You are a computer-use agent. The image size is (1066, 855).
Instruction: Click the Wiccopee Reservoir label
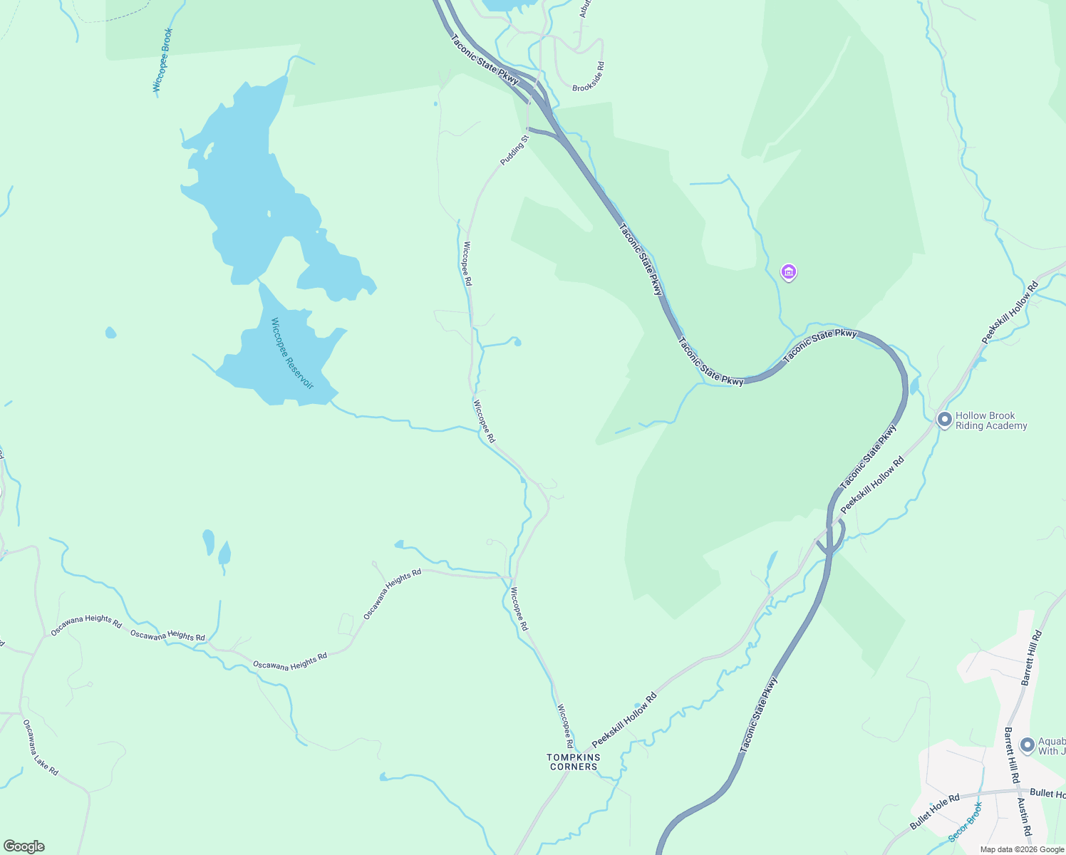(x=292, y=353)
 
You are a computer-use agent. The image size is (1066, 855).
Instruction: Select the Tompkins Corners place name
(x=574, y=762)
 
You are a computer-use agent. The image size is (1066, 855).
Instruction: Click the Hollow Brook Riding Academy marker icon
(x=945, y=420)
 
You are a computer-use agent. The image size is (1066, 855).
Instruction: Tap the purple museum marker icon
(x=789, y=272)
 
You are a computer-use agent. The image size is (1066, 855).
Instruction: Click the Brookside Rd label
(x=589, y=77)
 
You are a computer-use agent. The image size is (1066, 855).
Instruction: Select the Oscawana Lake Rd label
(x=41, y=747)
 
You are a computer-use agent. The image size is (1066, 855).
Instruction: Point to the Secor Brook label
(x=966, y=822)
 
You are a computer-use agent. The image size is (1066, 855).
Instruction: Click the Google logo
(x=24, y=846)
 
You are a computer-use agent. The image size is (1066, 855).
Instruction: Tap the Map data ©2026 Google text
(x=1020, y=849)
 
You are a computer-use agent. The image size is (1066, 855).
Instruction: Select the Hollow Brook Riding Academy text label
(x=991, y=420)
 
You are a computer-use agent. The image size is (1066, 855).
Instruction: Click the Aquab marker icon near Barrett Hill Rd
(x=1028, y=745)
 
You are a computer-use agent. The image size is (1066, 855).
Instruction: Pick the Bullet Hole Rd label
(x=934, y=812)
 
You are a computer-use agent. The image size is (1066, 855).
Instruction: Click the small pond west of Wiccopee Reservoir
(x=110, y=332)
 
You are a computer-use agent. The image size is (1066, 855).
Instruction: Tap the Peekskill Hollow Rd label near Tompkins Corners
(x=623, y=720)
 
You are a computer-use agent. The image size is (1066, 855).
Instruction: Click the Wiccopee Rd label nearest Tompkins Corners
(x=565, y=727)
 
